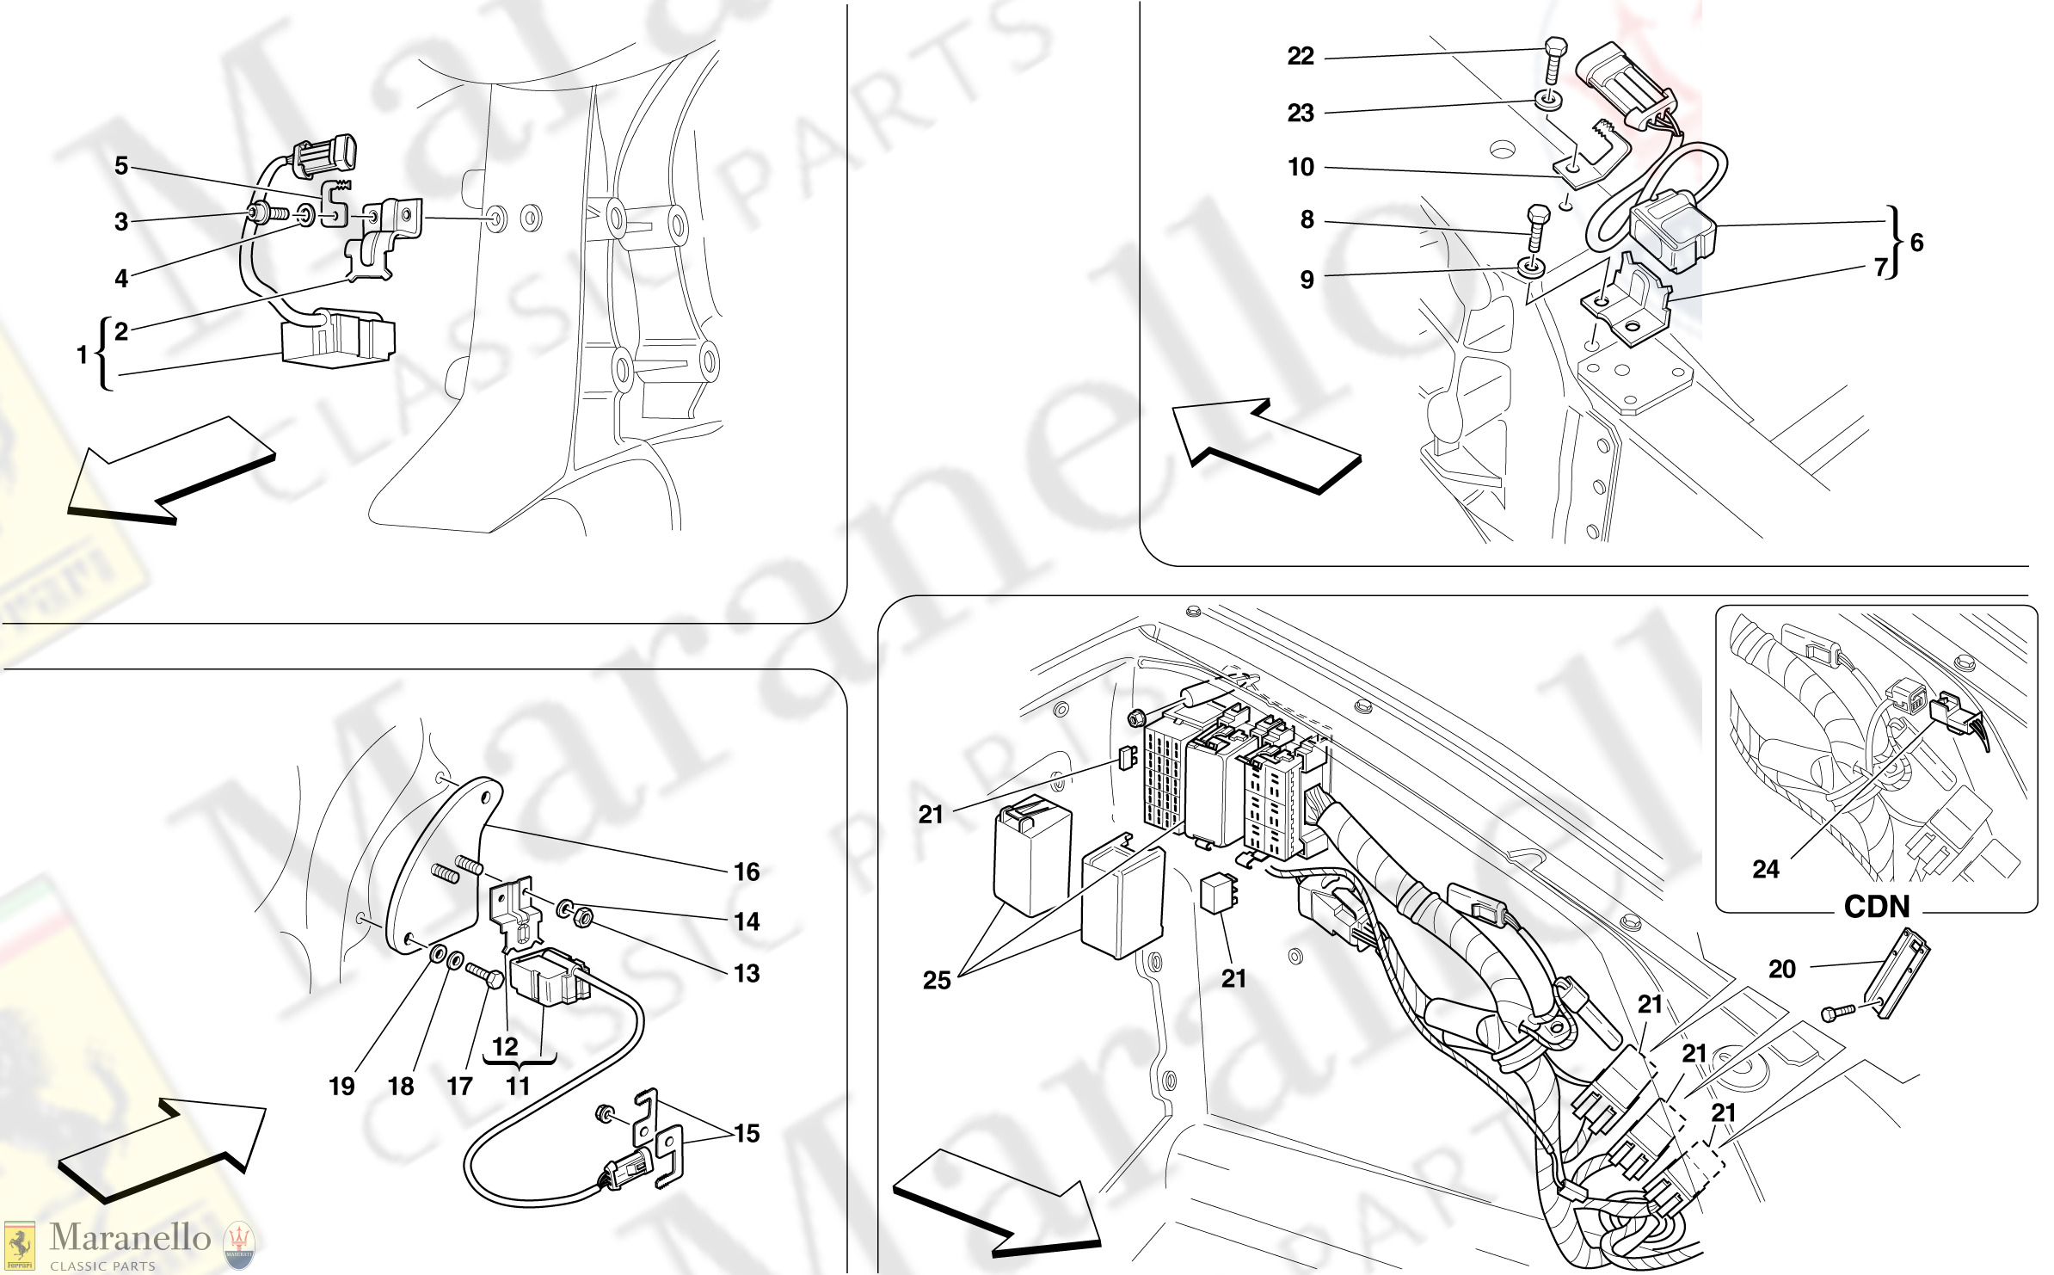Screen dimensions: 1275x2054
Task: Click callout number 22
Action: (1300, 57)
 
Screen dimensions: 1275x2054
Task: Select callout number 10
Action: (1301, 167)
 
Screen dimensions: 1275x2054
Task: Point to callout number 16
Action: (747, 872)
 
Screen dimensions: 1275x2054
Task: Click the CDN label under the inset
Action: (1876, 907)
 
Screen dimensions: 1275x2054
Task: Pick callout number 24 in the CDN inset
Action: (1765, 870)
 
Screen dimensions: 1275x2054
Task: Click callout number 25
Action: (937, 981)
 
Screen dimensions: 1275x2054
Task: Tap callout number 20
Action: (1781, 970)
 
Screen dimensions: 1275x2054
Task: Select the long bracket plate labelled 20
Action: (1899, 974)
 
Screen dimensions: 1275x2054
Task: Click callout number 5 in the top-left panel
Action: (121, 166)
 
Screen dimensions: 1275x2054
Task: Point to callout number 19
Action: (341, 1087)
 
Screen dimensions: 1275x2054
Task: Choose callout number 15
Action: (747, 1134)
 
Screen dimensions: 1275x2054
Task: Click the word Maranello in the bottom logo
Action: (129, 1237)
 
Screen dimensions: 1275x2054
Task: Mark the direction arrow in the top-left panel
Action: (172, 471)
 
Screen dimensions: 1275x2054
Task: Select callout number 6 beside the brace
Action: (1916, 243)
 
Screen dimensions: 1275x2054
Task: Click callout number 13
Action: (747, 974)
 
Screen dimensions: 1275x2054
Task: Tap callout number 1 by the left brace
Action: (82, 354)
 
